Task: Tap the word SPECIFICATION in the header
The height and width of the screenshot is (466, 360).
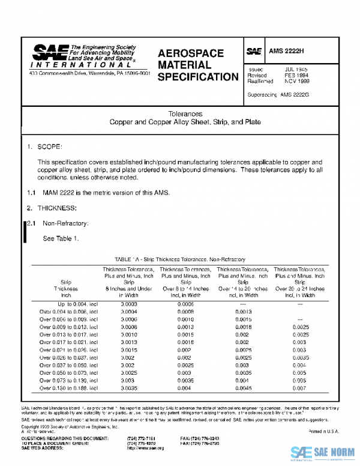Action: [x=197, y=77]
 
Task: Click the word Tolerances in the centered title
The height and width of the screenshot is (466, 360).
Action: [x=185, y=113]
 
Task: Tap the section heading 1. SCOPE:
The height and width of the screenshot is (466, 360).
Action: [x=44, y=147]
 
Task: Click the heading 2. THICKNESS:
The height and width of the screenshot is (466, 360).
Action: [x=51, y=208]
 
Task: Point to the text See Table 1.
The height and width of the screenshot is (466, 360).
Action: [x=61, y=238]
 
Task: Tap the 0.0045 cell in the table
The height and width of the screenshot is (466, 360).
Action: [x=243, y=389]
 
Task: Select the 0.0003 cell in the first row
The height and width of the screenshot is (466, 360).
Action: [x=128, y=304]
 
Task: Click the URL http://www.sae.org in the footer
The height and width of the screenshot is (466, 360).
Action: [x=142, y=448]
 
